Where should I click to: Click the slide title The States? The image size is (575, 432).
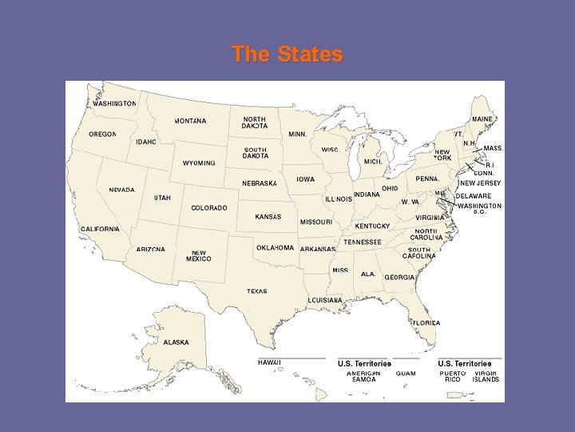(287, 54)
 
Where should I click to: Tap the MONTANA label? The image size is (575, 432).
(190, 122)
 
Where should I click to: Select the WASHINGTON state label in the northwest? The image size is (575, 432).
(114, 103)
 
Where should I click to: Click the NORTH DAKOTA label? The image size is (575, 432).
(255, 122)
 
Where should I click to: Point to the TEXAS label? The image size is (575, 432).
(257, 291)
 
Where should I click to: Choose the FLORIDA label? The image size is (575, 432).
(426, 322)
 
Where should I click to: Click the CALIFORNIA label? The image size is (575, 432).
(100, 229)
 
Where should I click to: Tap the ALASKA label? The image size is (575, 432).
(176, 342)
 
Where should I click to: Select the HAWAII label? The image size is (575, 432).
(269, 362)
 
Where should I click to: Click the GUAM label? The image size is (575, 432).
(406, 374)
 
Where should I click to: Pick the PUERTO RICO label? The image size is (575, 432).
(453, 376)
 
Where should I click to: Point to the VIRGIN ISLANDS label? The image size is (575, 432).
(486, 376)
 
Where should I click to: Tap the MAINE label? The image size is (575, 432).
(482, 119)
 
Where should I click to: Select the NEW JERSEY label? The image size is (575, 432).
(479, 183)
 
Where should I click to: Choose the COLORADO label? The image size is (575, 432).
(209, 208)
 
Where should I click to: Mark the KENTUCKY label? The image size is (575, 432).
(372, 226)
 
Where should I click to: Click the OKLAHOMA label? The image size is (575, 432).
(275, 248)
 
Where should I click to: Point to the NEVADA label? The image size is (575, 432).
(122, 190)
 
